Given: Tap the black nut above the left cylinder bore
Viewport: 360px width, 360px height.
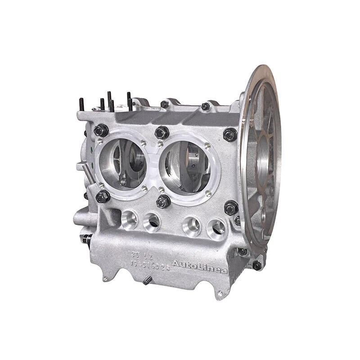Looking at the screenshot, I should [101, 130].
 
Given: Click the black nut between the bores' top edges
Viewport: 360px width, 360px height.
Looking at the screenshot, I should [162, 132].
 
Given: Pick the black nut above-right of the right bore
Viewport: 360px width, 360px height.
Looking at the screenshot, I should [230, 134].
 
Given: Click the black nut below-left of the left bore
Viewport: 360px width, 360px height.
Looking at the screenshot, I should [103, 196].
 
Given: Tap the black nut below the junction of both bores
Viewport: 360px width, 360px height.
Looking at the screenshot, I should [163, 201].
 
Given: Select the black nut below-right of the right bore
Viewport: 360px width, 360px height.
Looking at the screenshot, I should [231, 207].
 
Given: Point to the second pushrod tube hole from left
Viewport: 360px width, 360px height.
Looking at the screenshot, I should [152, 221].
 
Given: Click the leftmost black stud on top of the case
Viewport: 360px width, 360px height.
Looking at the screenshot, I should [81, 104].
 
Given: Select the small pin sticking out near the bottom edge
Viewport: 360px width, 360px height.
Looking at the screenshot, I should [147, 281].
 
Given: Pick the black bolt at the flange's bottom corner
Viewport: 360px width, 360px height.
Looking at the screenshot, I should [257, 265].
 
